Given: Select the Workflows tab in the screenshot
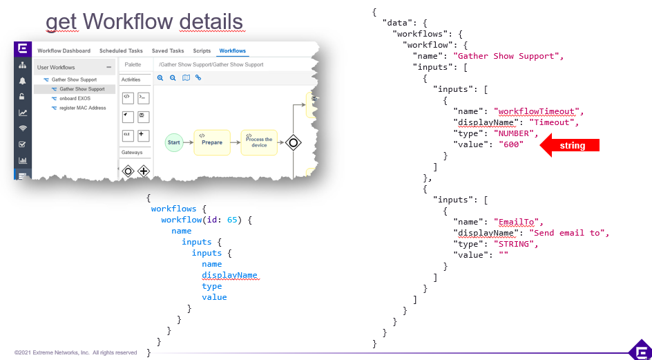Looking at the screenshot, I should [232, 51].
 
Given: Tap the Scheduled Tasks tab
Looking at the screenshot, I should [121, 51].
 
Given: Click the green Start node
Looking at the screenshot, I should [173, 142].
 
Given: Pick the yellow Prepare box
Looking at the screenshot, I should [211, 142].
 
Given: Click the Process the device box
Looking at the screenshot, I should [259, 142].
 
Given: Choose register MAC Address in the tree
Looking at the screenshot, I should [82, 108].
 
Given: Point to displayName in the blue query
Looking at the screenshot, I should [229, 275].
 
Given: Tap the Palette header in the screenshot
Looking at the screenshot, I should [133, 65].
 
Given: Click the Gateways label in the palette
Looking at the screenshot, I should [132, 153].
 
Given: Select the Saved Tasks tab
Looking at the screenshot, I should [168, 51].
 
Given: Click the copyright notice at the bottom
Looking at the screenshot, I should [76, 352].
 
